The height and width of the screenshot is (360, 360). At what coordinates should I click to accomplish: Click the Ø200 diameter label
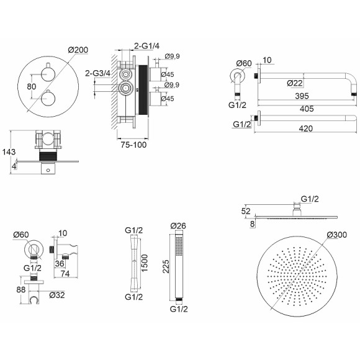[x=78, y=50]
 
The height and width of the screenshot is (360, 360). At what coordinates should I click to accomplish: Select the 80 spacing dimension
[x=32, y=86]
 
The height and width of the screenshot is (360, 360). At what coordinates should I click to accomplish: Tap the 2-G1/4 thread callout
[x=146, y=46]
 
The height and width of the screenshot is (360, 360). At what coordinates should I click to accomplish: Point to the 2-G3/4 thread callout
[x=98, y=73]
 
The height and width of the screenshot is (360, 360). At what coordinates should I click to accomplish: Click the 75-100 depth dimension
[x=133, y=145]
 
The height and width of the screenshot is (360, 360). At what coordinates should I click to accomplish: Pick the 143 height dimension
[x=9, y=152]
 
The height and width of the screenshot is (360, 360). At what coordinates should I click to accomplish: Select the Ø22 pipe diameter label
[x=295, y=83]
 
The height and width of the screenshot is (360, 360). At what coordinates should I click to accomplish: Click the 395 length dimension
[x=302, y=96]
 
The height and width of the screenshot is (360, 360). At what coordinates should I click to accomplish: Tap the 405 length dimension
[x=307, y=109]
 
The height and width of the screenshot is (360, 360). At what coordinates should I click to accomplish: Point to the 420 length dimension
[x=306, y=128]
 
